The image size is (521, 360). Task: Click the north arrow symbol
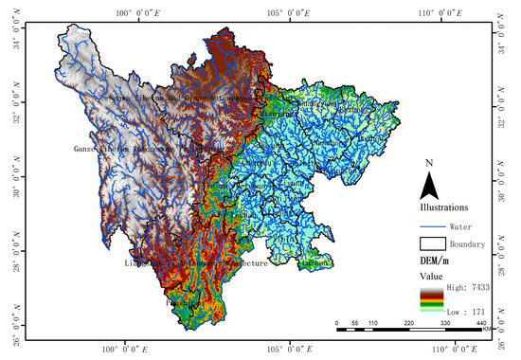(x=429, y=181)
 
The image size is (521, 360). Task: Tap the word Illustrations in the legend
(x=446, y=206)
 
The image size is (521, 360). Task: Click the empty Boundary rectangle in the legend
(x=432, y=243)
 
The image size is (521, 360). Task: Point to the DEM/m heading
(x=435, y=260)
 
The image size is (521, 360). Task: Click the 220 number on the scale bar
(x=409, y=324)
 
